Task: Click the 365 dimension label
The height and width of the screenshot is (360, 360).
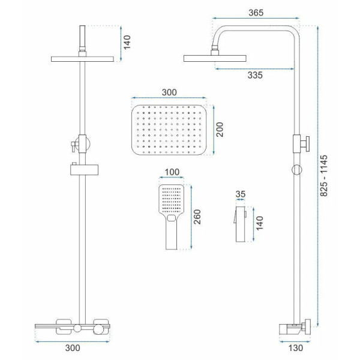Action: pyautogui.click(x=256, y=13)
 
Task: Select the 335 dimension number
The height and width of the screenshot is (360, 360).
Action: pyautogui.click(x=255, y=75)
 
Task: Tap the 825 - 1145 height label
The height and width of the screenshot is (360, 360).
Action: pyautogui.click(x=324, y=176)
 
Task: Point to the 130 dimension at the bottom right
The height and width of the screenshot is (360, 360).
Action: pyautogui.click(x=295, y=348)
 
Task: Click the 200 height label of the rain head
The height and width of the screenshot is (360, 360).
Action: pyautogui.click(x=220, y=130)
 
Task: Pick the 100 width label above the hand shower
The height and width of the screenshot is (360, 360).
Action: pyautogui.click(x=172, y=172)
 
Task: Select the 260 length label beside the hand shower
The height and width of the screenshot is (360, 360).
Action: pyautogui.click(x=197, y=217)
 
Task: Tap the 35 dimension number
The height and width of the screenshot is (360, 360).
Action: pyautogui.click(x=241, y=194)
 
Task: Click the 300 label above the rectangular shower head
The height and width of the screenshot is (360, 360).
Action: pyautogui.click(x=169, y=92)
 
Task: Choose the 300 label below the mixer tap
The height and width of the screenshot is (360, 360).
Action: pyautogui.click(x=73, y=348)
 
